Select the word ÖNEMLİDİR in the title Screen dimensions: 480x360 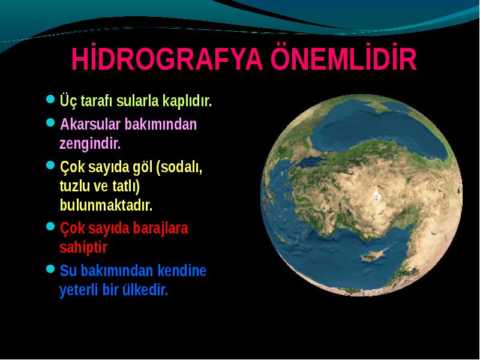pyautogui.click(x=343, y=58)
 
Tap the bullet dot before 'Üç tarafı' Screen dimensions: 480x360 pyautogui.click(x=50, y=99)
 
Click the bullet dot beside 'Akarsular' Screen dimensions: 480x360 pyautogui.click(x=50, y=123)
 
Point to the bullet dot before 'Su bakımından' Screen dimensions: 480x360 pyautogui.click(x=50, y=269)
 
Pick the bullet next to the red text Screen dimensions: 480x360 pyautogui.click(x=50, y=227)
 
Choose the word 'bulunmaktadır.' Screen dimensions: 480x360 pyautogui.click(x=106, y=205)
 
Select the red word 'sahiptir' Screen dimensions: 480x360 pyautogui.click(x=83, y=247)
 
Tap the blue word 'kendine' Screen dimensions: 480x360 pyautogui.click(x=182, y=271)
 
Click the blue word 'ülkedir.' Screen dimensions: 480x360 pyautogui.click(x=145, y=290)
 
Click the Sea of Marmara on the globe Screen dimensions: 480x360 pyautogui.click(x=311, y=162)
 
